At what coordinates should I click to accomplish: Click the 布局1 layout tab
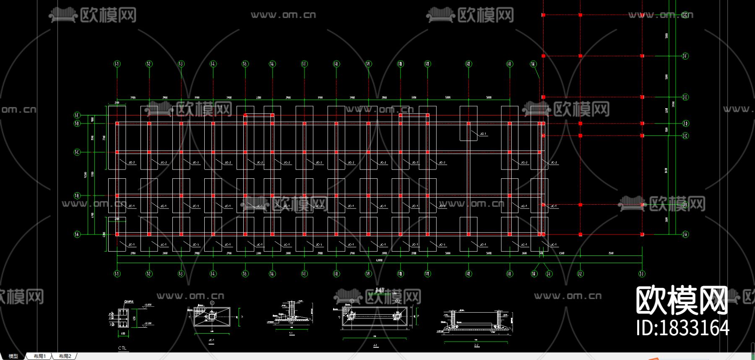pos(39,356)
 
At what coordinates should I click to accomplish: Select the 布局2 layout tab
pos(65,356)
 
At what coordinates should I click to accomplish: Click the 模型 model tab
pos(13,356)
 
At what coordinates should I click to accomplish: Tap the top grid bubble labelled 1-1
pos(117,64)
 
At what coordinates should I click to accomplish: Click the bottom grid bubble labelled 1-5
pos(245,274)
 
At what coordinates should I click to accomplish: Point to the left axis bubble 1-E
pos(77,115)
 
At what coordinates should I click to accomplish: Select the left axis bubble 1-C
pos(77,152)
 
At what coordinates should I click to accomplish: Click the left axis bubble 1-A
pos(77,234)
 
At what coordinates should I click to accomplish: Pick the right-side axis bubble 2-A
pos(685,234)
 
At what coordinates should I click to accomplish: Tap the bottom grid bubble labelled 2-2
pos(580,274)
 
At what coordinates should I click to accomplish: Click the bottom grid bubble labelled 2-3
pos(642,274)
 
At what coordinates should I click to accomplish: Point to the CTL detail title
pos(122,348)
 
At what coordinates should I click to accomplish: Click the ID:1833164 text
pos(682,328)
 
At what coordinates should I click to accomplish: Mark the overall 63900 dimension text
pos(379,260)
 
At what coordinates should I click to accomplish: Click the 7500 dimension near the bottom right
pos(611,253)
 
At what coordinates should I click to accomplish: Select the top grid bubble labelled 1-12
pos(469,64)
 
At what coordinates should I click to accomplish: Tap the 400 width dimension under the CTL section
pos(123,334)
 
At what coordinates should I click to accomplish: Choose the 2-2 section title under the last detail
pos(476,345)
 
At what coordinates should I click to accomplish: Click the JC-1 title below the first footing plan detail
pos(211,340)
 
